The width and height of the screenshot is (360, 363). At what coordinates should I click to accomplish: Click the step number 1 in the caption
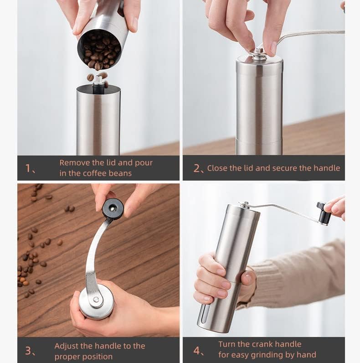(x=28, y=168)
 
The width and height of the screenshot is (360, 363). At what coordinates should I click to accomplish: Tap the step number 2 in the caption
(x=197, y=168)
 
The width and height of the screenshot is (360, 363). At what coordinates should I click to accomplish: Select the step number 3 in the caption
(x=28, y=351)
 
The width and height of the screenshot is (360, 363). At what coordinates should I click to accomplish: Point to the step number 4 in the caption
(x=197, y=351)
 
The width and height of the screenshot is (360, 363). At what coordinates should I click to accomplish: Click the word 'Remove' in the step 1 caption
(x=75, y=163)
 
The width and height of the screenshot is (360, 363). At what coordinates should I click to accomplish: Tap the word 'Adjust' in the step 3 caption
(x=67, y=346)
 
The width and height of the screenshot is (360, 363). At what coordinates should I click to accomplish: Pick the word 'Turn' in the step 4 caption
(x=227, y=344)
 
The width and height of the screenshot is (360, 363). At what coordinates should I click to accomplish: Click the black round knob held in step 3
(x=113, y=208)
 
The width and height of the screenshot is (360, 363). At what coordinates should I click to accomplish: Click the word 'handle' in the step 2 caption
(x=327, y=168)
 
